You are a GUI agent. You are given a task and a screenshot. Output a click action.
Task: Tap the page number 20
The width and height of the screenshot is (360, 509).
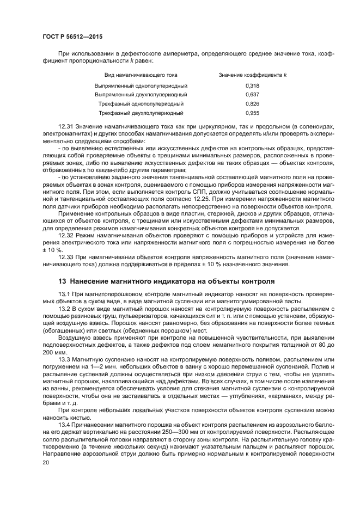coord(46,461)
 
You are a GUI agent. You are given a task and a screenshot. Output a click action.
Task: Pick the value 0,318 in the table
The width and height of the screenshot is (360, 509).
coord(252,86)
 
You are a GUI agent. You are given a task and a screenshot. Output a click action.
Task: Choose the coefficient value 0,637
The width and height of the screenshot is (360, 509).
coord(252,95)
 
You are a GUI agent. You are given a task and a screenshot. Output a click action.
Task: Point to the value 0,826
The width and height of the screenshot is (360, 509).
coord(252,103)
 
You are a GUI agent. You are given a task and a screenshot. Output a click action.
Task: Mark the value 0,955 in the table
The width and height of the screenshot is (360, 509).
coord(252,113)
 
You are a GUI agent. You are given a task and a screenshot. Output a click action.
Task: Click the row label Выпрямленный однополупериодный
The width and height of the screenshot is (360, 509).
coord(141,86)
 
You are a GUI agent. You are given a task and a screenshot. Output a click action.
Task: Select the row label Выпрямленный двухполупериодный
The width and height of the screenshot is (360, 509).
coord(141,95)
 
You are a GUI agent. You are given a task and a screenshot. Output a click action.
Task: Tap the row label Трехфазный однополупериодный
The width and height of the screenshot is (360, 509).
coord(141,103)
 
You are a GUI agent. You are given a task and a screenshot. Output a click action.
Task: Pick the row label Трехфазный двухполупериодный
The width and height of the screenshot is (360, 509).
coord(141,113)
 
